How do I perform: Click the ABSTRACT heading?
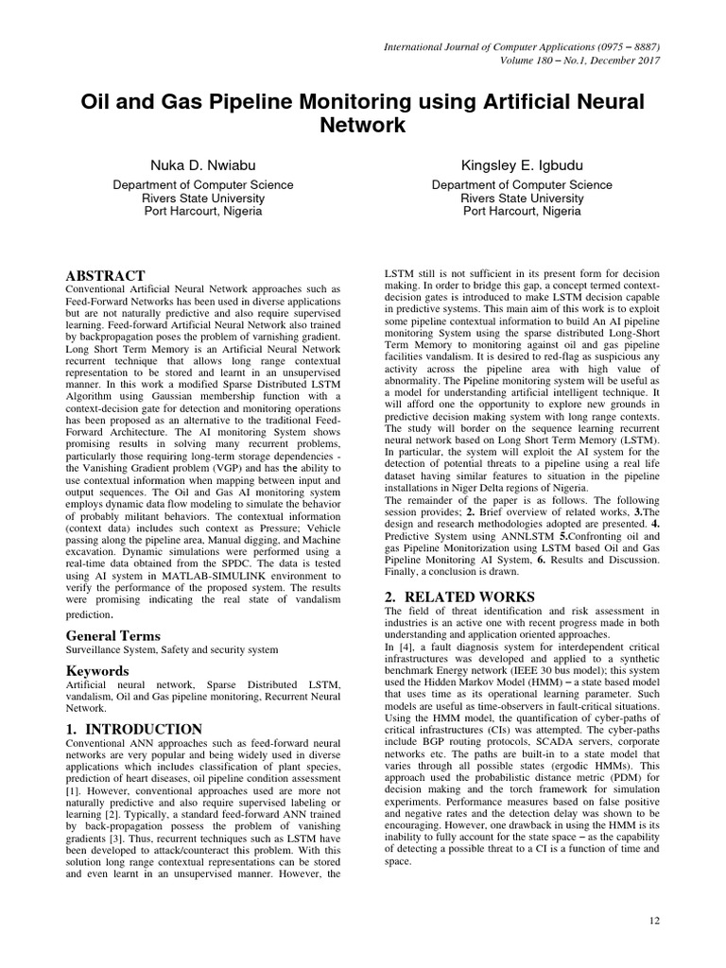(106, 275)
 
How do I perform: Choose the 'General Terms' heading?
(113, 636)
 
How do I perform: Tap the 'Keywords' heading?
(98, 671)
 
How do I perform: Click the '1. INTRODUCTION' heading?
(134, 729)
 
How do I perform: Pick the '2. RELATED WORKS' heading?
(459, 596)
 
